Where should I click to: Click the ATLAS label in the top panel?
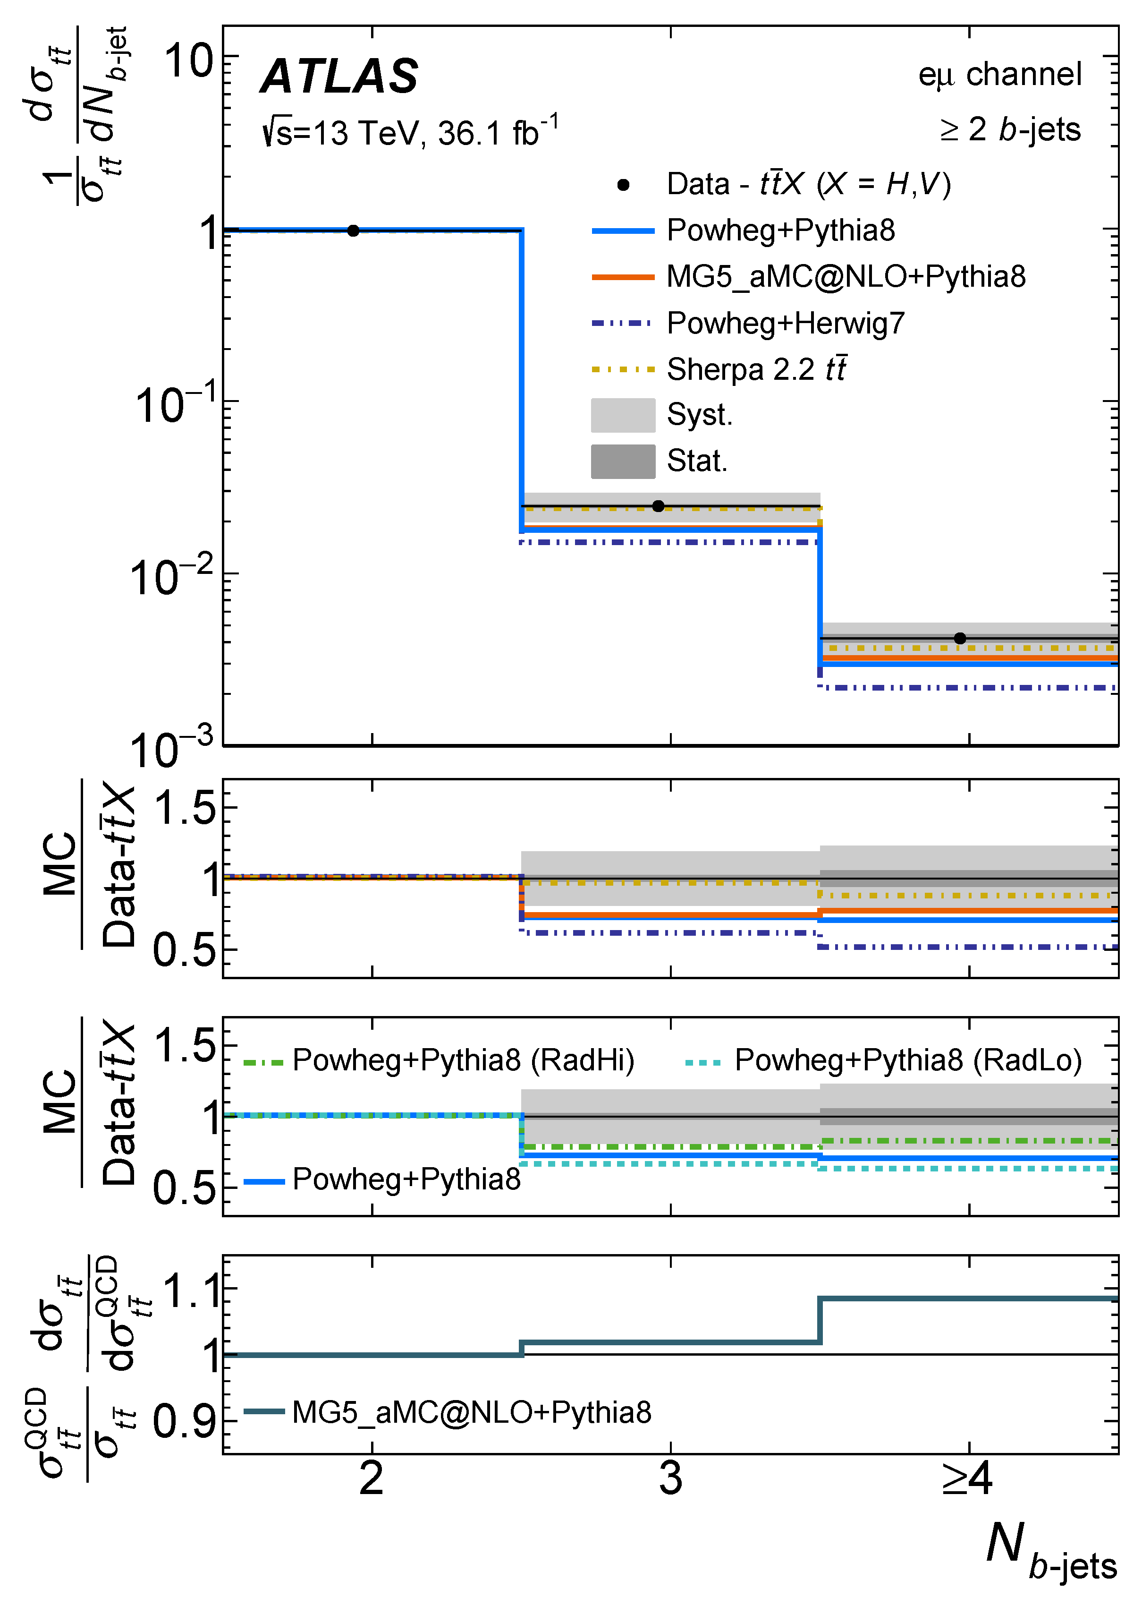pyautogui.click(x=339, y=76)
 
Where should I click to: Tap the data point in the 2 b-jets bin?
pyautogui.click(x=353, y=231)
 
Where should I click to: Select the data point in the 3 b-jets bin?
pyautogui.click(x=658, y=506)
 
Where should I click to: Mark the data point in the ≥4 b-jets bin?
pyautogui.click(x=960, y=639)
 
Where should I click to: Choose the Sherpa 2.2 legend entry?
pyautogui.click(x=756, y=369)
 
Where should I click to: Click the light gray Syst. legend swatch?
pyautogui.click(x=623, y=416)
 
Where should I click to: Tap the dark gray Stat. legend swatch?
pyautogui.click(x=623, y=461)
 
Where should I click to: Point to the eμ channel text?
pyautogui.click(x=999, y=75)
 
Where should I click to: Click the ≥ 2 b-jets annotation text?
pyautogui.click(x=1010, y=129)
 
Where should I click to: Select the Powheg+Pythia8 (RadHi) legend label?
pyautogui.click(x=463, y=1060)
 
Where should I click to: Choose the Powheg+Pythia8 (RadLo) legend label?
pyautogui.click(x=908, y=1060)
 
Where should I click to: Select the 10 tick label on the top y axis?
pyautogui.click(x=188, y=60)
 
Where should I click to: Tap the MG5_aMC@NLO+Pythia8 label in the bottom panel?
pyautogui.click(x=471, y=1412)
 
